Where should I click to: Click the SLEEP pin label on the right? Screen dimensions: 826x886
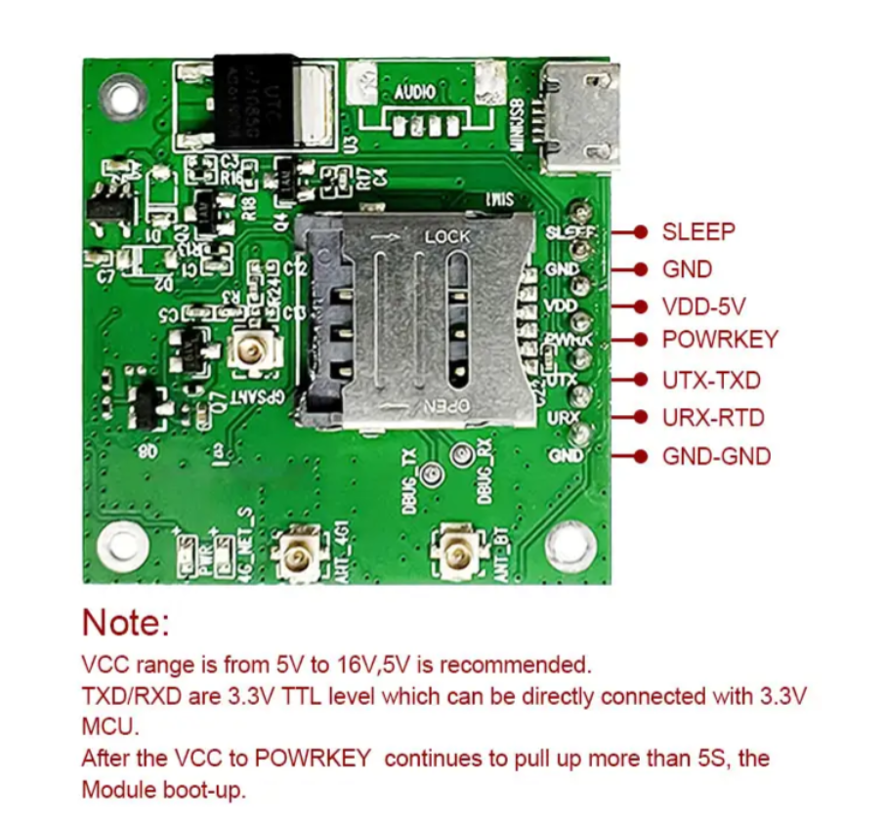point(697,232)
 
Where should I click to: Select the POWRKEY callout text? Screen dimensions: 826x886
point(719,340)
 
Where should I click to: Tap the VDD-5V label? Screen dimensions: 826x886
point(703,307)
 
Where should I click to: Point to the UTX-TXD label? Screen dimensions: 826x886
point(710,380)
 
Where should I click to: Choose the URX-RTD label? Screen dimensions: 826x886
point(712,418)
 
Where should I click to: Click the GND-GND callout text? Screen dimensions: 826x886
point(716,456)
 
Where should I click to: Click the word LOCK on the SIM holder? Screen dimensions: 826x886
point(447,237)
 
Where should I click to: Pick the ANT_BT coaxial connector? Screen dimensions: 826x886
point(456,553)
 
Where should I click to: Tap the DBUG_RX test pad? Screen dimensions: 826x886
point(460,455)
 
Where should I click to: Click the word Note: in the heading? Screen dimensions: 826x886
point(126,622)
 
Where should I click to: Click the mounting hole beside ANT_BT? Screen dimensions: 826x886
point(570,543)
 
